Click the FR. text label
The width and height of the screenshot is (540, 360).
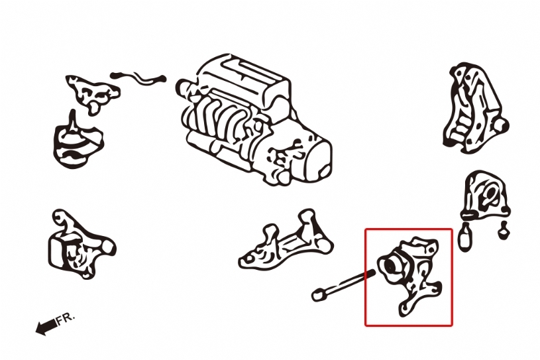point(65,319)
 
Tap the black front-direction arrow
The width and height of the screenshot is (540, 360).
point(46,327)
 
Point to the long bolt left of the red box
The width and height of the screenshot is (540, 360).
point(343,285)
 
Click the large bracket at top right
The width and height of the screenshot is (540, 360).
point(475,108)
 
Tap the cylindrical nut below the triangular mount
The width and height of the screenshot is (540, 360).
point(465,236)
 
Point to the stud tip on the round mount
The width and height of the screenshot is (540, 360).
point(73,113)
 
